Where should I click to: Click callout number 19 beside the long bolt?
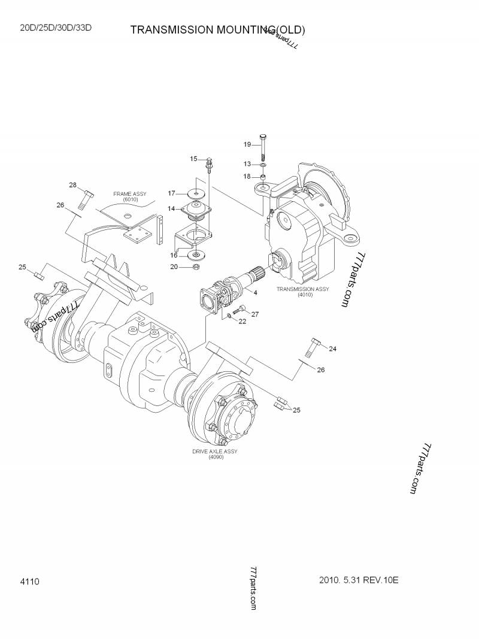click(x=247, y=144)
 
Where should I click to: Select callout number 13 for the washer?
click(x=247, y=163)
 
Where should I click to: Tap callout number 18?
click(x=247, y=176)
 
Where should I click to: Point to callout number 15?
click(x=193, y=159)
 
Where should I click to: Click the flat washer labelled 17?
click(x=196, y=193)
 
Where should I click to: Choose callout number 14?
click(x=171, y=208)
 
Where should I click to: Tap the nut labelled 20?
click(x=196, y=266)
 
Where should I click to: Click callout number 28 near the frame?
click(x=72, y=185)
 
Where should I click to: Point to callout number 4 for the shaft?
click(x=255, y=292)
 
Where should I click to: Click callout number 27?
click(x=254, y=314)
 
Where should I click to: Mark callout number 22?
click(x=242, y=321)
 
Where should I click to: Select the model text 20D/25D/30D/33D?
click(x=56, y=28)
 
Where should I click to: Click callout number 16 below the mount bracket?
click(x=174, y=255)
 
